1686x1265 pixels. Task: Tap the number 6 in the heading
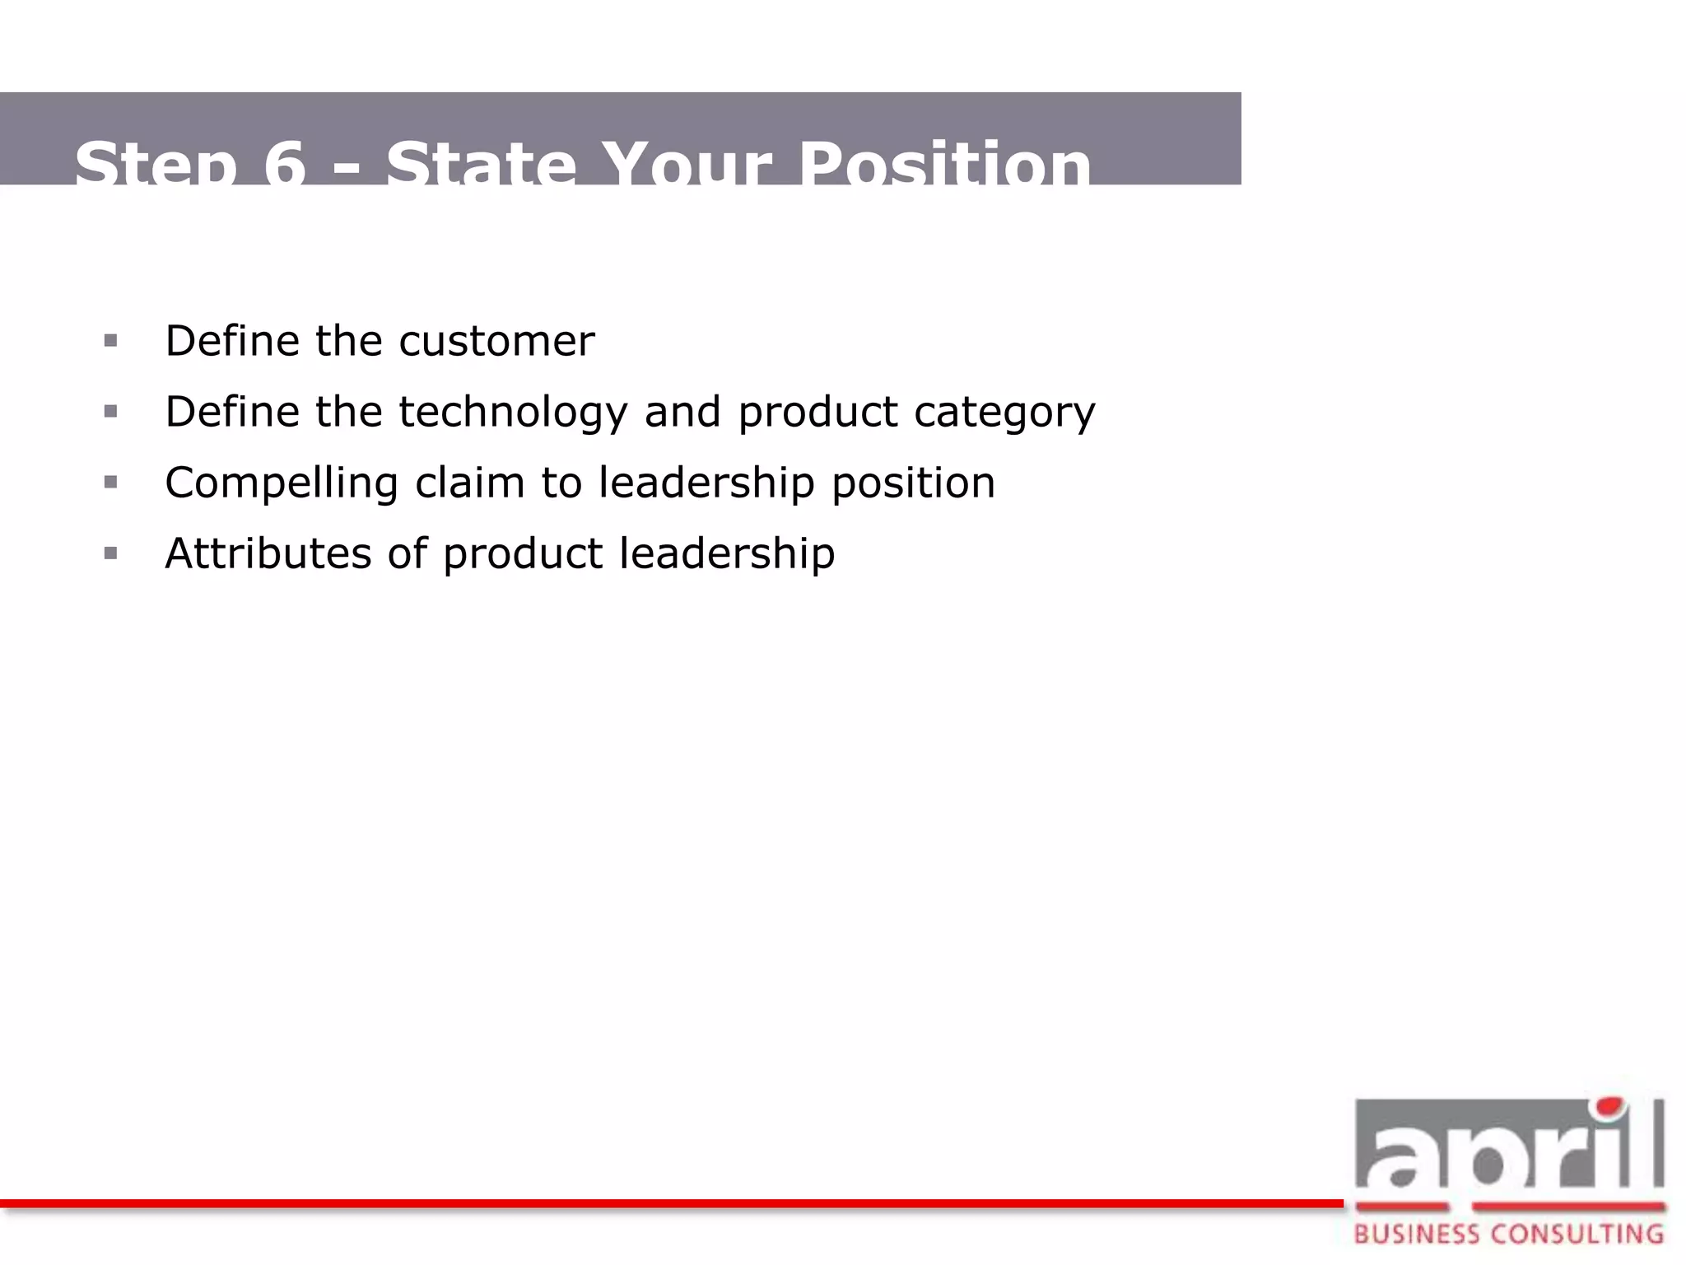(x=285, y=165)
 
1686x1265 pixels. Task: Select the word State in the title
(x=481, y=165)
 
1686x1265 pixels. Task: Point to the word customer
(x=496, y=341)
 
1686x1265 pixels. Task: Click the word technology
(x=513, y=412)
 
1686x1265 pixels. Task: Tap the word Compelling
(x=282, y=483)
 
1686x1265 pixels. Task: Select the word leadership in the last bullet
(x=727, y=553)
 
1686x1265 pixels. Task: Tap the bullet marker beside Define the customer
(x=111, y=341)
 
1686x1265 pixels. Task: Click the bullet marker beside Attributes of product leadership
(x=111, y=553)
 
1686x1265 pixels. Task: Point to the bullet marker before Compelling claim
(x=111, y=483)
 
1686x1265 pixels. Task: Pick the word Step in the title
(x=156, y=165)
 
